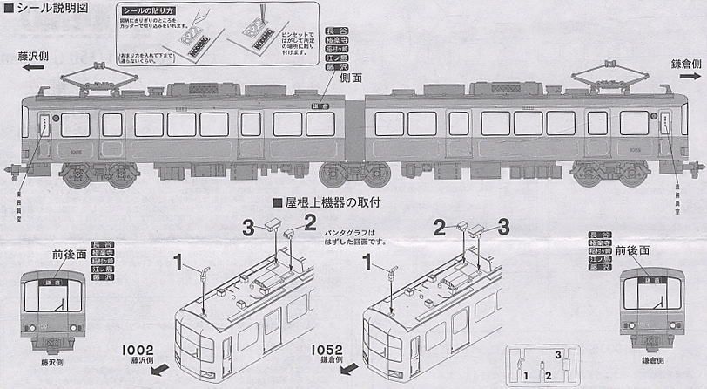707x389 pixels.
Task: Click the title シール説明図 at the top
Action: click(x=48, y=9)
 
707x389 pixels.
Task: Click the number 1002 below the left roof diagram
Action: click(x=145, y=347)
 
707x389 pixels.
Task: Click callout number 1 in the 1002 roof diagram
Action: click(x=177, y=259)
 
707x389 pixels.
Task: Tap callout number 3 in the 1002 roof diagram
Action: click(x=249, y=228)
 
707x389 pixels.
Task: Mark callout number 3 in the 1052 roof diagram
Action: click(x=502, y=228)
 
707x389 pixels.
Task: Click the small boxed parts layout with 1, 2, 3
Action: click(x=537, y=365)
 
